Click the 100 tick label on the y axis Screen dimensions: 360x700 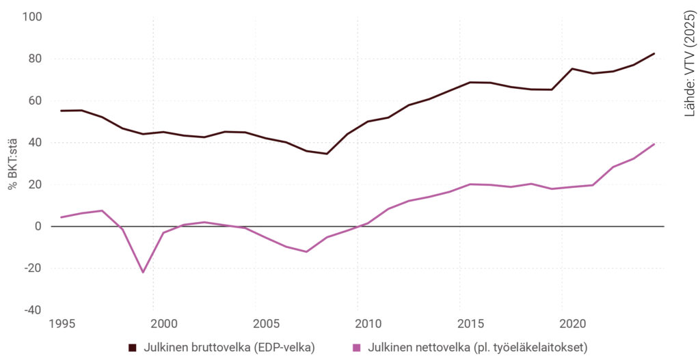click(32, 16)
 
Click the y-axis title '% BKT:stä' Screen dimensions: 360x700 click(13, 163)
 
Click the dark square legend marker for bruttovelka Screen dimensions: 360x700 click(133, 348)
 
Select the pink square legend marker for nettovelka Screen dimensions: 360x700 click(357, 348)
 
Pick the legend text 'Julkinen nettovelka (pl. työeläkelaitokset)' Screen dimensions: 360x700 click(477, 348)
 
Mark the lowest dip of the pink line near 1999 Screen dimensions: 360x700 click(143, 272)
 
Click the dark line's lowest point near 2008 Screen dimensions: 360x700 click(327, 154)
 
